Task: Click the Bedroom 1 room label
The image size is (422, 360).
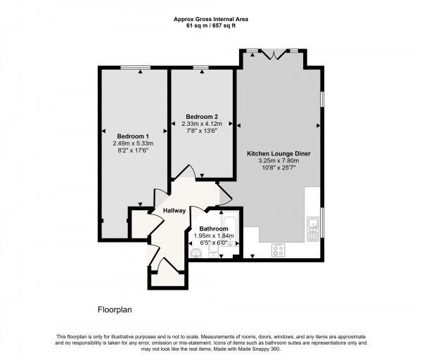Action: click(x=132, y=136)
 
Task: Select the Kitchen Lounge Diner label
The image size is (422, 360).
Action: click(x=279, y=153)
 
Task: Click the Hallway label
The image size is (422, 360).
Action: click(x=174, y=210)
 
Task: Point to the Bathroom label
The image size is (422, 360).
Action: click(x=213, y=229)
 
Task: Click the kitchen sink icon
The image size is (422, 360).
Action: click(x=313, y=226)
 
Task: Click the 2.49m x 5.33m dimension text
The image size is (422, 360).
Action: click(x=132, y=143)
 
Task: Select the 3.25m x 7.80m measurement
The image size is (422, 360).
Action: click(x=279, y=160)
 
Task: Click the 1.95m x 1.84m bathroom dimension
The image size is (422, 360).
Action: click(x=213, y=236)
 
